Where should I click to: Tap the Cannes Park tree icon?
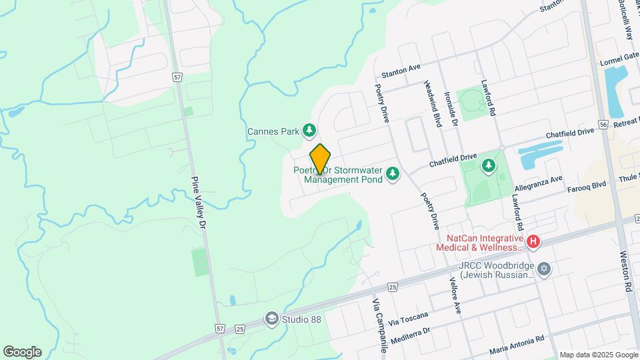click(x=309, y=131)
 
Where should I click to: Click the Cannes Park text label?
click(x=273, y=131)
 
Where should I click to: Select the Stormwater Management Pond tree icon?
click(x=393, y=174)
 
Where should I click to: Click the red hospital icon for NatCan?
click(x=533, y=242)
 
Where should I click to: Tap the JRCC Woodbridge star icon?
click(x=544, y=268)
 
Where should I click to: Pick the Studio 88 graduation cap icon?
click(x=271, y=319)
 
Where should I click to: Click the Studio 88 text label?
click(x=301, y=319)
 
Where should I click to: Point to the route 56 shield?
click(x=603, y=124)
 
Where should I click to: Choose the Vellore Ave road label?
click(x=456, y=295)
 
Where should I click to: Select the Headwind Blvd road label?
click(x=433, y=104)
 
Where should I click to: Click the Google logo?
click(x=22, y=351)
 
